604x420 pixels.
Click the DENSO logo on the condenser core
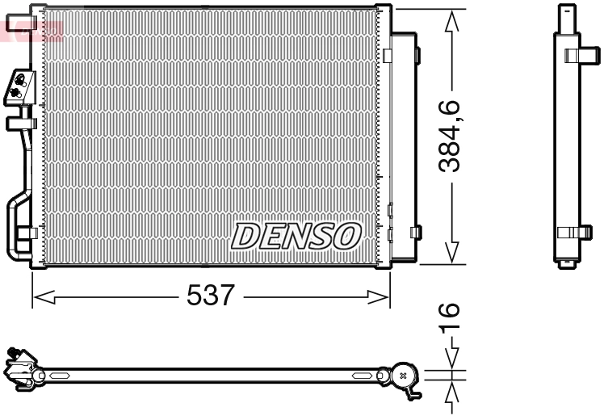coord(296,235)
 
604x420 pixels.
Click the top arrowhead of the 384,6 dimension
coord(454,19)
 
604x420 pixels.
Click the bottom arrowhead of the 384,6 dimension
coord(454,252)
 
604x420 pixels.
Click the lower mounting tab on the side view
coord(573,232)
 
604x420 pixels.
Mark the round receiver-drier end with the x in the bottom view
coord(403,375)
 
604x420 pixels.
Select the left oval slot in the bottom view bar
coord(61,376)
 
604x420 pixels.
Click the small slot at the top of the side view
coord(571,10)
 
